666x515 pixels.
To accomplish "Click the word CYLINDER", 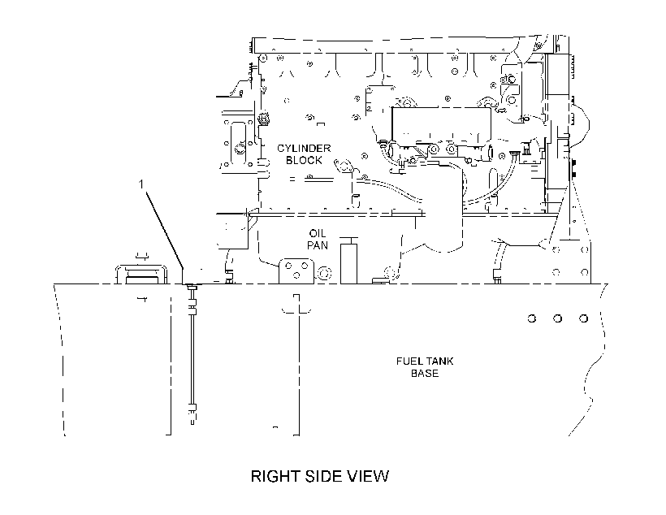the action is (x=304, y=149).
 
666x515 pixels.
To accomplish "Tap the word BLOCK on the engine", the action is (x=304, y=160).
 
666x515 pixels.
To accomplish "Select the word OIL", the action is (x=318, y=233).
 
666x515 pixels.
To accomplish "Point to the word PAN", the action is (x=318, y=245).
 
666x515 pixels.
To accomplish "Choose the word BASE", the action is (x=425, y=373).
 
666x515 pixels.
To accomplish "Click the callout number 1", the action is (x=141, y=184).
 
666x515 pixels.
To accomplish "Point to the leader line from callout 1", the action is (x=165, y=230).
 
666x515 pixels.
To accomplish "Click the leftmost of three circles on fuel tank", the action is (x=532, y=318).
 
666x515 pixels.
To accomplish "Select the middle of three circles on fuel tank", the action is (x=558, y=318).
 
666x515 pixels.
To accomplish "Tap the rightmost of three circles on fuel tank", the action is (x=584, y=318).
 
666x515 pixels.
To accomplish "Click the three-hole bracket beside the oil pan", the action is (x=296, y=270).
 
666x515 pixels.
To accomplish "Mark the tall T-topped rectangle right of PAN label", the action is (x=348, y=261).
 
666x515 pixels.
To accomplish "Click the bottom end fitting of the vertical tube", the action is (x=192, y=414).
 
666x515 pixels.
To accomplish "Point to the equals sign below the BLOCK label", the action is (x=292, y=179).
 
